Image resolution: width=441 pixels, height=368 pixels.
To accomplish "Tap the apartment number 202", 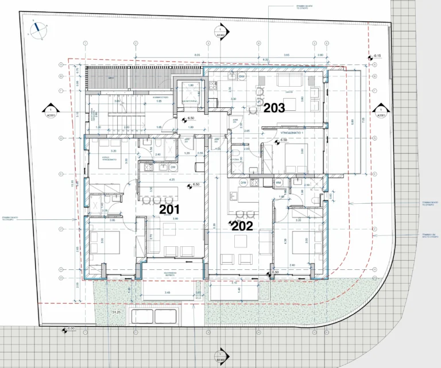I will tap(242, 226).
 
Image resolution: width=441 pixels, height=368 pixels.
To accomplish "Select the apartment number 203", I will tap(274, 107).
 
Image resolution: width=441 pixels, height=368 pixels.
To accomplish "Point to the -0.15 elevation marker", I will tap(376, 56).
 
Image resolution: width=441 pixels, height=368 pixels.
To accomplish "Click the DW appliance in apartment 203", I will tap(242, 77).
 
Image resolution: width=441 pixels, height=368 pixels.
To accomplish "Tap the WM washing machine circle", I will tap(278, 183).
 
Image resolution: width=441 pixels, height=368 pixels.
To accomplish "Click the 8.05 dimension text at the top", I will tap(197, 55).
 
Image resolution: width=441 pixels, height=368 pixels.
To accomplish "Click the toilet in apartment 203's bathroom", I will tap(237, 153).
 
